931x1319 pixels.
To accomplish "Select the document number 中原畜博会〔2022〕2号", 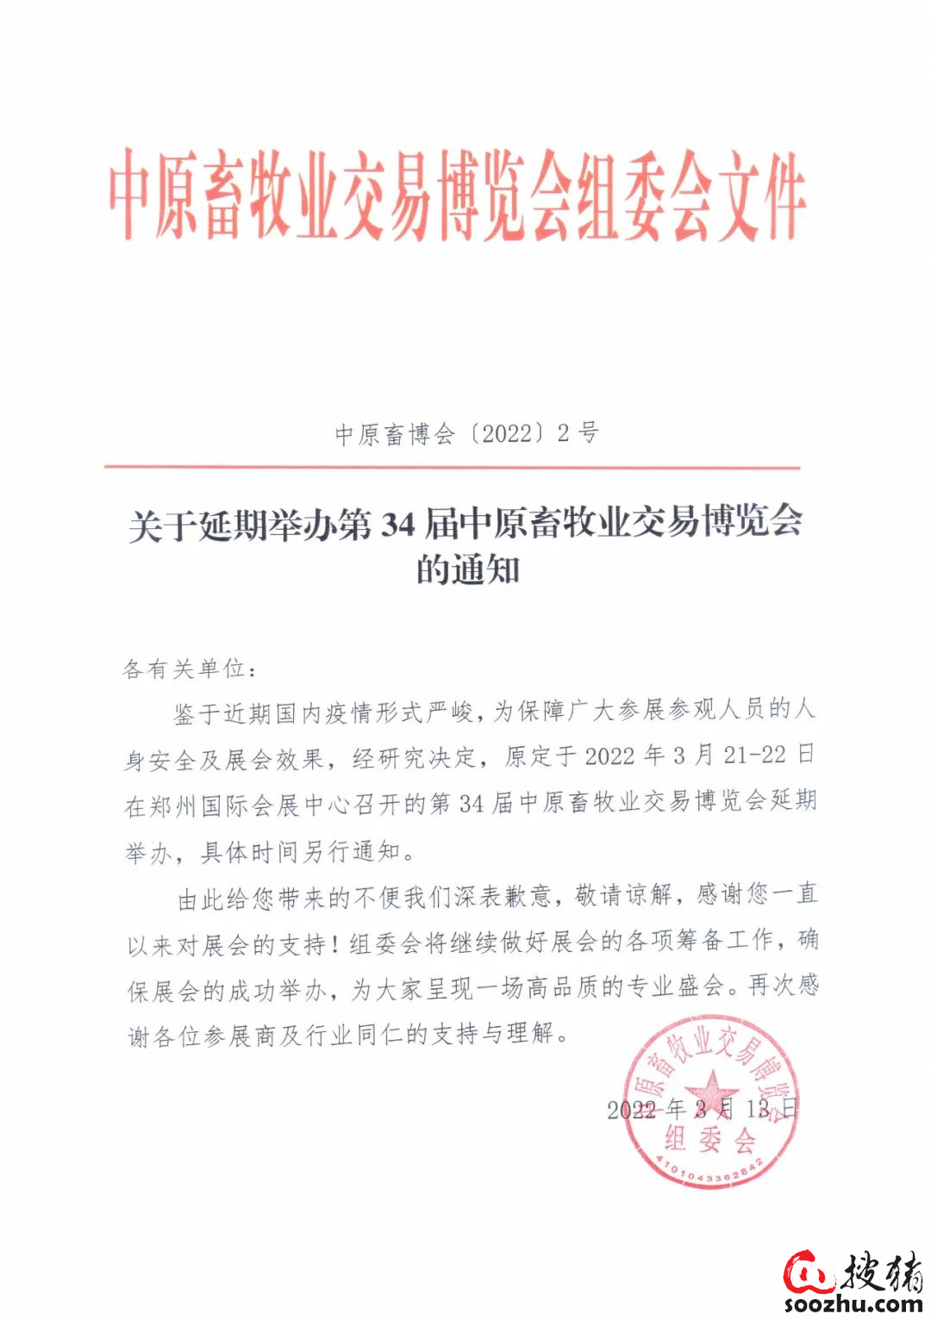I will coord(466,433).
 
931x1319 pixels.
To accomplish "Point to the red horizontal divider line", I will coord(452,468).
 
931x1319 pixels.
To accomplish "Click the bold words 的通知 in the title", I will coord(468,569).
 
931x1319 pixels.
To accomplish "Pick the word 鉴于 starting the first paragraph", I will coord(197,713).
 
